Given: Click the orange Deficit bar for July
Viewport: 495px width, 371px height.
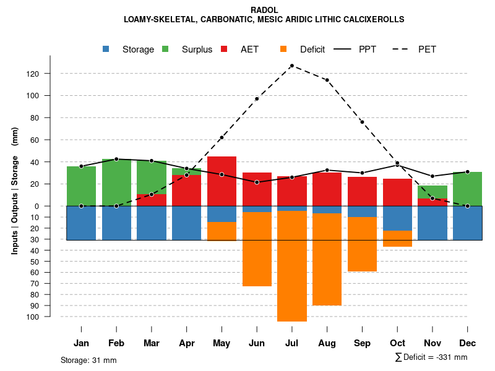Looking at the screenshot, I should [x=292, y=266].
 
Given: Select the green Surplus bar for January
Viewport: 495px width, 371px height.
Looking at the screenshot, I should [x=81, y=185].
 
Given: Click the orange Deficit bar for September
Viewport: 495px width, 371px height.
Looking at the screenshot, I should [x=362, y=244].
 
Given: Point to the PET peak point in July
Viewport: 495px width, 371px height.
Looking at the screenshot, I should [x=291, y=66].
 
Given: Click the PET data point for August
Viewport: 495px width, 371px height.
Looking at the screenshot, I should [x=327, y=80].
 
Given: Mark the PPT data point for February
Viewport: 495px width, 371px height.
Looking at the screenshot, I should [x=116, y=159].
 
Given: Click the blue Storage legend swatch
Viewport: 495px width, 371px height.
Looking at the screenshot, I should [x=106, y=49].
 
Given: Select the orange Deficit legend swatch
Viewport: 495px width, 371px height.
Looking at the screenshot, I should [x=284, y=49].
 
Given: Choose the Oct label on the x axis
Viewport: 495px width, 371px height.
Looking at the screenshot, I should [x=397, y=343].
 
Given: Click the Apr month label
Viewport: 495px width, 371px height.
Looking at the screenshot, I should [x=187, y=343].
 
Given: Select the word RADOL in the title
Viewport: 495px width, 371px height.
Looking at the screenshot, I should [x=264, y=10].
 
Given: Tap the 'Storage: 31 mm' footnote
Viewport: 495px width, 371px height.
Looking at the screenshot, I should [x=88, y=360].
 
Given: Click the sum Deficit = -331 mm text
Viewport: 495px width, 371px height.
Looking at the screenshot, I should [x=431, y=357].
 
